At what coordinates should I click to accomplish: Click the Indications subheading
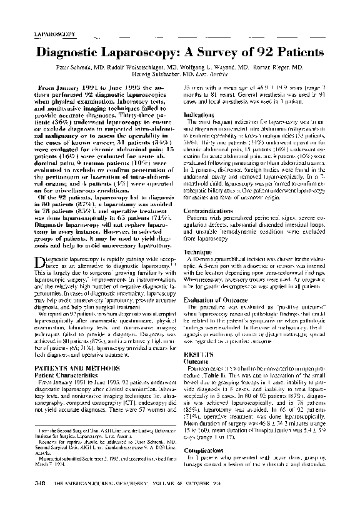pyautogui.click(x=200, y=115)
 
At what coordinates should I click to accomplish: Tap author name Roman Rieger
pyautogui.click(x=281, y=66)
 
